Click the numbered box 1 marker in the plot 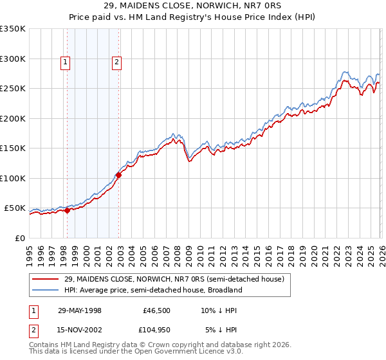(x=66, y=62)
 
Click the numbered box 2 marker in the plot (x=116, y=62)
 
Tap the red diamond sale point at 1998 (x=67, y=210)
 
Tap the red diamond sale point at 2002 (x=118, y=175)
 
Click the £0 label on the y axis (x=19, y=238)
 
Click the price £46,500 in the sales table (x=157, y=310)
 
